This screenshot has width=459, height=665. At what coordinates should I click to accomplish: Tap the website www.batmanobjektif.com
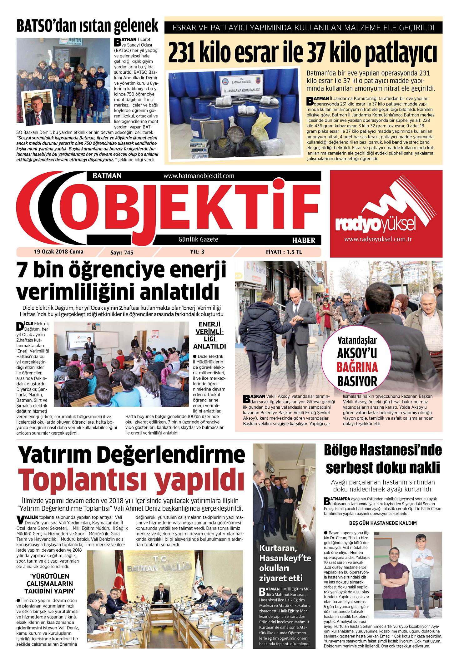point(199,176)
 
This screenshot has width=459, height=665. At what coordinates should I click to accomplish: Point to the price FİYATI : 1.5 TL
point(284,252)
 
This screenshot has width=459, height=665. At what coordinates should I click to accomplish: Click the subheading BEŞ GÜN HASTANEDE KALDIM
point(383,523)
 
